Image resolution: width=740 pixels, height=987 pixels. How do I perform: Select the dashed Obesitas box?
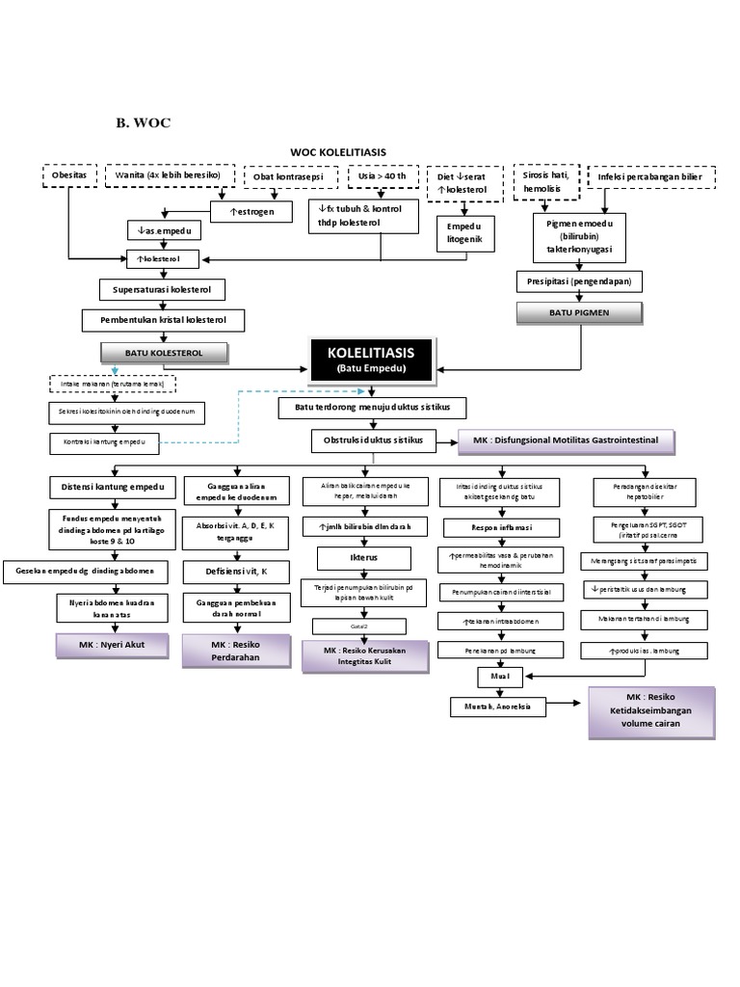pyautogui.click(x=69, y=176)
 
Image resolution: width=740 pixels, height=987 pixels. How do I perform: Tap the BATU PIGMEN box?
pyautogui.click(x=579, y=312)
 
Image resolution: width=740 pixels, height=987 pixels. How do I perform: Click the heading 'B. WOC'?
pyautogui.click(x=143, y=122)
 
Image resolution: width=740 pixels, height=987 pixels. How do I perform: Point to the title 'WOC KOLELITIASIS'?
pyautogui.click(x=338, y=152)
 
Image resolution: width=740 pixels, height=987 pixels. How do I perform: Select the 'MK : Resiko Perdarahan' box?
pyautogui.click(x=235, y=651)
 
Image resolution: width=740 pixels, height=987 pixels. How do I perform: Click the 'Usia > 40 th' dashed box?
pyautogui.click(x=382, y=176)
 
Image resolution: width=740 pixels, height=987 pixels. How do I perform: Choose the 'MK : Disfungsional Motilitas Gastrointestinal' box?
pyautogui.click(x=566, y=440)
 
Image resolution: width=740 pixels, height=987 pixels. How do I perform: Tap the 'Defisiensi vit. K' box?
pyautogui.click(x=236, y=572)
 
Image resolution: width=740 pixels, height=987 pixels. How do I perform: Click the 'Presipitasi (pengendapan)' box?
pyautogui.click(x=579, y=281)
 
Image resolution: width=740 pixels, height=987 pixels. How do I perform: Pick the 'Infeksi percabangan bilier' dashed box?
pyautogui.click(x=650, y=177)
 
